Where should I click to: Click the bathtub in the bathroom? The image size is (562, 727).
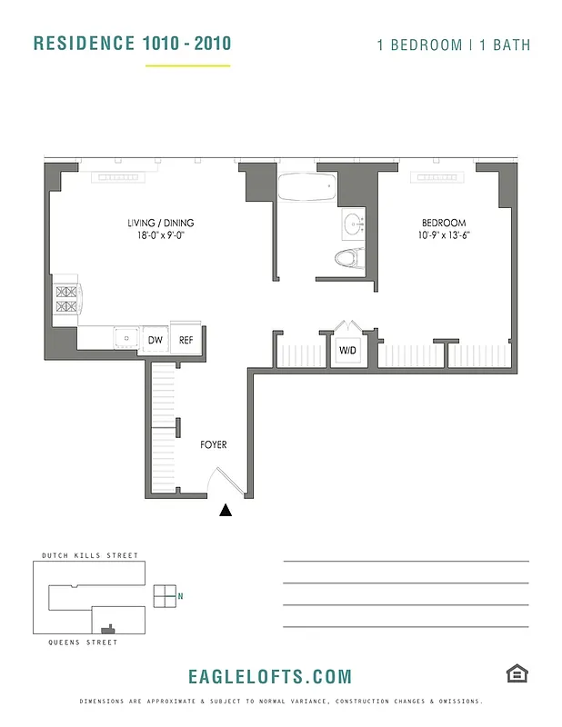(x=306, y=187)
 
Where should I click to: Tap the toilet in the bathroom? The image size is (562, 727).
(x=349, y=258)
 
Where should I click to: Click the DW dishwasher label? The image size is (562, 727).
(x=156, y=341)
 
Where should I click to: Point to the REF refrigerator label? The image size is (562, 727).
(x=186, y=341)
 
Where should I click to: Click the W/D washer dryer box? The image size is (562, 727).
(x=347, y=350)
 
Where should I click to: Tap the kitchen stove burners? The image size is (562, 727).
(x=67, y=299)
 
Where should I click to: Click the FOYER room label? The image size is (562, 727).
(x=214, y=445)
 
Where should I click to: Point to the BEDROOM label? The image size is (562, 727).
(x=443, y=223)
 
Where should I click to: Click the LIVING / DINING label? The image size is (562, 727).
(x=160, y=223)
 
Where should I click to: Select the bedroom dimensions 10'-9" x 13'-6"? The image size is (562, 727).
(x=444, y=234)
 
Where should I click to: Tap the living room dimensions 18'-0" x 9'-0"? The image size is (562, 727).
(x=160, y=234)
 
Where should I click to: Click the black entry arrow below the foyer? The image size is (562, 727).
(x=226, y=511)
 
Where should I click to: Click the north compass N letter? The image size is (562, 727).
(x=181, y=596)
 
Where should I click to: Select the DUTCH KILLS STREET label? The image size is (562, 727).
(x=90, y=555)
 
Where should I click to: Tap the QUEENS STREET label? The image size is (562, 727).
(x=83, y=642)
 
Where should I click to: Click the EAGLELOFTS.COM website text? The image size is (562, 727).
(x=269, y=676)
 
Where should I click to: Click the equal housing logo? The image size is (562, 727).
(x=517, y=673)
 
